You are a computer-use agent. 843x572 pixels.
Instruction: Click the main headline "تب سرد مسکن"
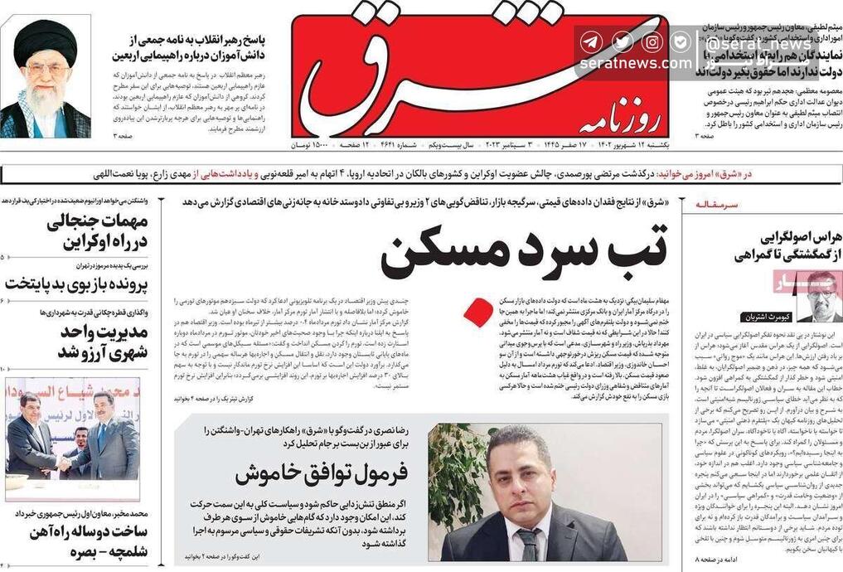pyautogui.click(x=523, y=251)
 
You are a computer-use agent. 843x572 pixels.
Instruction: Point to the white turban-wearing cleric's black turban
pyautogui.click(x=45, y=40)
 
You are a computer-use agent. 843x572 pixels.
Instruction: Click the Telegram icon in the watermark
pyautogui.click(x=590, y=41)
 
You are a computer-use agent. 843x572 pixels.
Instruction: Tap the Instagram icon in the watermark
pyautogui.click(x=652, y=41)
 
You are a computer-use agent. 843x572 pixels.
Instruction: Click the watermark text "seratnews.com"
pyautogui.click(x=636, y=63)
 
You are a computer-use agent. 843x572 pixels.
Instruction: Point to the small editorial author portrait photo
pyautogui.click(x=820, y=296)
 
